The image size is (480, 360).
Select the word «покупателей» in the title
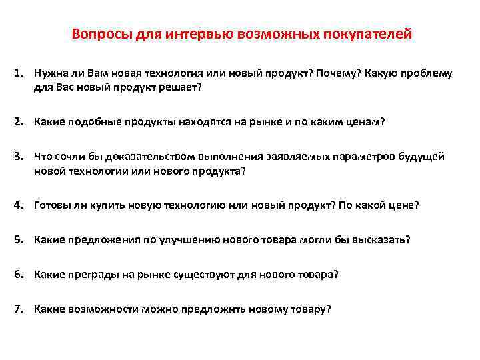point(371,33)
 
